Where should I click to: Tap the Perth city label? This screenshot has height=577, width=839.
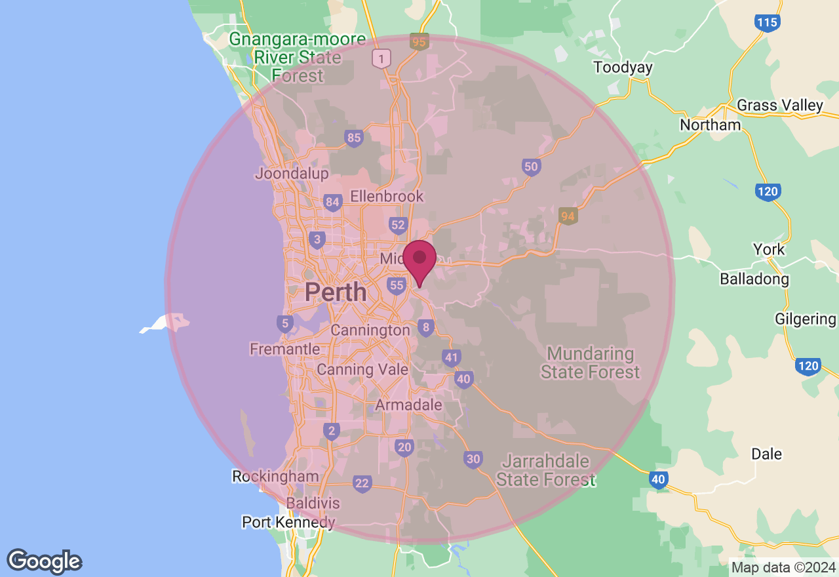[336, 292]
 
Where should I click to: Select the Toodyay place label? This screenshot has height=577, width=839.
[623, 68]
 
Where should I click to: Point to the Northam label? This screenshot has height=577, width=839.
[710, 125]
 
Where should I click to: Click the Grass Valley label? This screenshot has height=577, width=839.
[779, 106]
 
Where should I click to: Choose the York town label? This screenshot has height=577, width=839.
[769, 250]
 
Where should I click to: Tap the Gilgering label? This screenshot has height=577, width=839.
[805, 319]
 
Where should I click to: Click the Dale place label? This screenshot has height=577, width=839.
[766, 454]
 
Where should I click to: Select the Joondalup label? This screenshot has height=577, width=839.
[291, 174]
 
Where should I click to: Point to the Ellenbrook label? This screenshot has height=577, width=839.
[387, 196]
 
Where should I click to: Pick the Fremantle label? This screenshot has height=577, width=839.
[284, 349]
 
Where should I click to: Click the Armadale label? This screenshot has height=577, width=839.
[408, 405]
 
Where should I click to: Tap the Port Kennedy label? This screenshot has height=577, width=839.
[288, 523]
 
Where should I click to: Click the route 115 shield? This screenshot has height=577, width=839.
[767, 23]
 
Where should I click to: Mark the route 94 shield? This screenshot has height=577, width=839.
[568, 216]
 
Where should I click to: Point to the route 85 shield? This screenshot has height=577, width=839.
[354, 138]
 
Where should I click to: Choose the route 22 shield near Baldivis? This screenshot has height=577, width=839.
[362, 484]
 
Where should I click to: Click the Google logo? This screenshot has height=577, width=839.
[44, 561]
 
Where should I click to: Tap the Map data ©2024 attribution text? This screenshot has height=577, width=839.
[783, 567]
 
